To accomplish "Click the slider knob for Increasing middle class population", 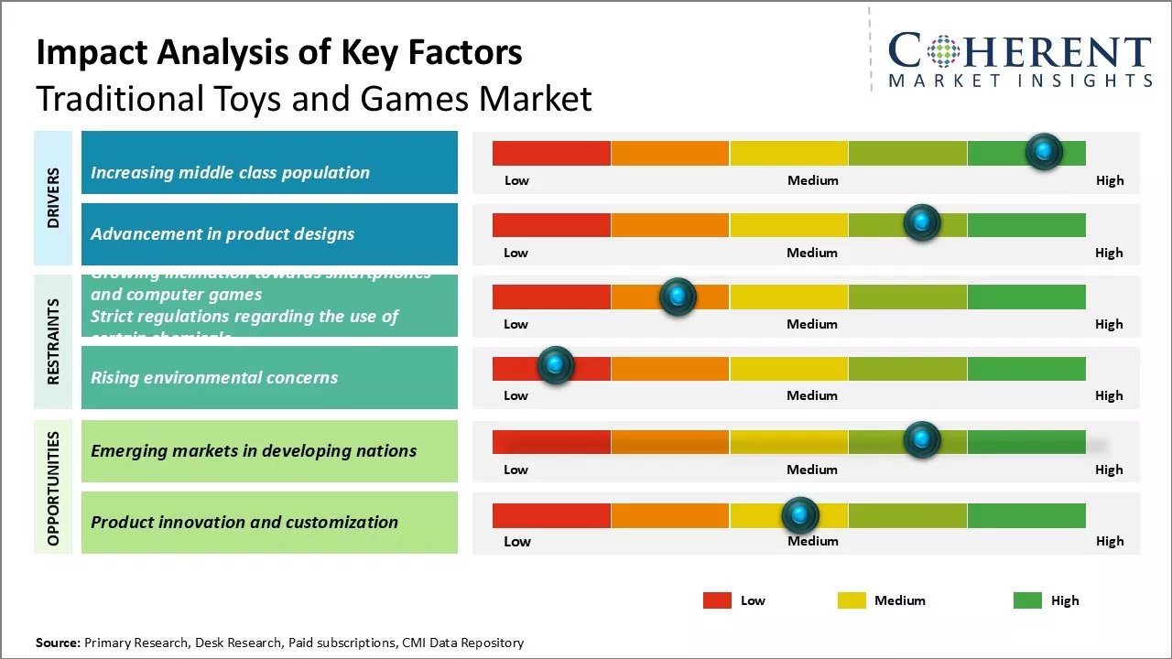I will (1044, 152).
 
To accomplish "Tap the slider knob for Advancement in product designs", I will (922, 223).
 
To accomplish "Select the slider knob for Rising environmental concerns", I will (555, 366).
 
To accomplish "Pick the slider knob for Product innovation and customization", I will (800, 515).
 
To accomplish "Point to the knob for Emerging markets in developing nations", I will (922, 440).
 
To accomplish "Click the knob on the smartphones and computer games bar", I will (678, 297).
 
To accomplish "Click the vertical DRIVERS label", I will (53, 198).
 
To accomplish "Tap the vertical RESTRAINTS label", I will (53, 340).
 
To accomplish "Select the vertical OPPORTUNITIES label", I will (53, 488).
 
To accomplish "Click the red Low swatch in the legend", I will (717, 600).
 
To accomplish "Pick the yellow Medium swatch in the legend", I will (852, 600).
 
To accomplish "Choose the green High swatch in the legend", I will (1027, 600).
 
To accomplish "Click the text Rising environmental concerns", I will (214, 377).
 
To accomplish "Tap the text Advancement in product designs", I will (222, 233).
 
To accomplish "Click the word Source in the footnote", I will (58, 643).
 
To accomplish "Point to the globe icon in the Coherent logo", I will (942, 51).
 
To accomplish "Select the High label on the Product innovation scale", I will (1110, 541).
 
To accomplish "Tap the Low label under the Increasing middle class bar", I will (516, 180).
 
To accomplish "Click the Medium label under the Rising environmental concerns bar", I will (812, 395).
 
